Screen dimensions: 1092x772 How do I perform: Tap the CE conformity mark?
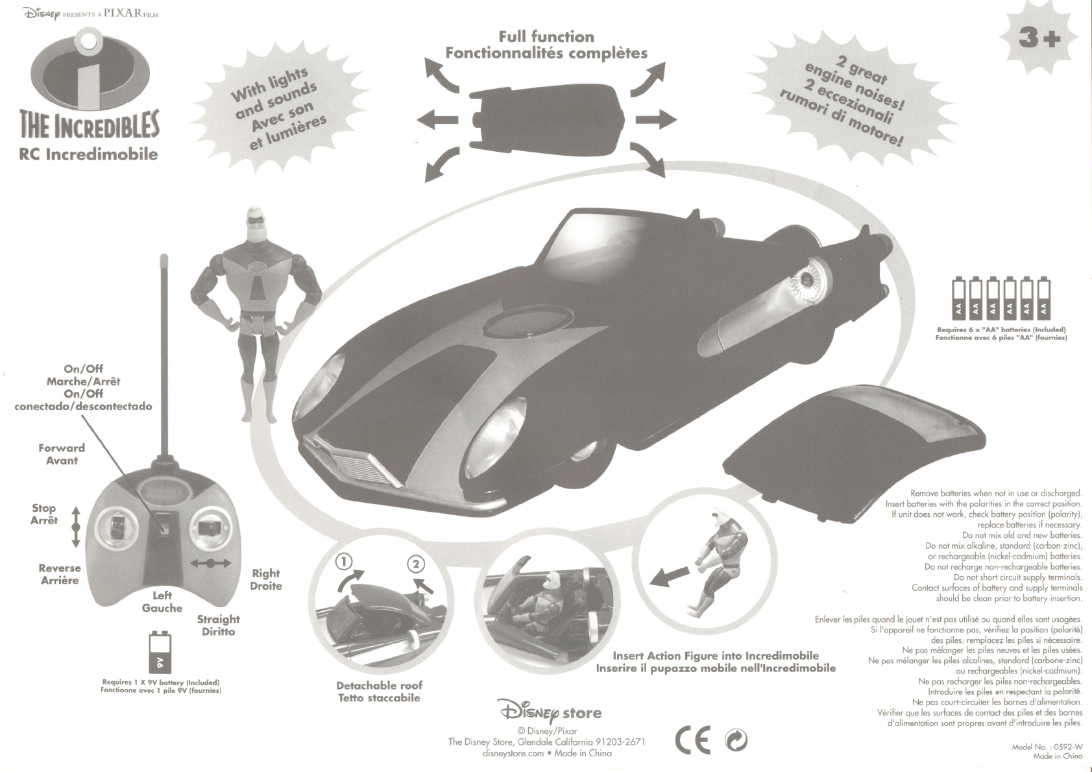(x=692, y=740)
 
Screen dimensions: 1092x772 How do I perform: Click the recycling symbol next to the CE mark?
(x=736, y=740)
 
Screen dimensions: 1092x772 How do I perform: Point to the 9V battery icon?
(x=160, y=654)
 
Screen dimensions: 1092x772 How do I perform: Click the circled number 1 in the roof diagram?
(x=344, y=562)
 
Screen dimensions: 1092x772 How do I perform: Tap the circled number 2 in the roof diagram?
(x=415, y=564)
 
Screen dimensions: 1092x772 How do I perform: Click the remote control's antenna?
(x=163, y=357)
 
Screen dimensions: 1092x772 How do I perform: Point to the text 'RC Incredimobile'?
(x=88, y=154)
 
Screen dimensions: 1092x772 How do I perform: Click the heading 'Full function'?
(x=546, y=37)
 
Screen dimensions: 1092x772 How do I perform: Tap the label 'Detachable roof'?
(x=379, y=685)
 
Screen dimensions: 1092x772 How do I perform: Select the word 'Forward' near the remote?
(x=62, y=448)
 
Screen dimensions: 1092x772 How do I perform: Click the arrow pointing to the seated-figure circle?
(x=670, y=575)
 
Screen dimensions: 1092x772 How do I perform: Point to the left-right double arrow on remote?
(x=210, y=564)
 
